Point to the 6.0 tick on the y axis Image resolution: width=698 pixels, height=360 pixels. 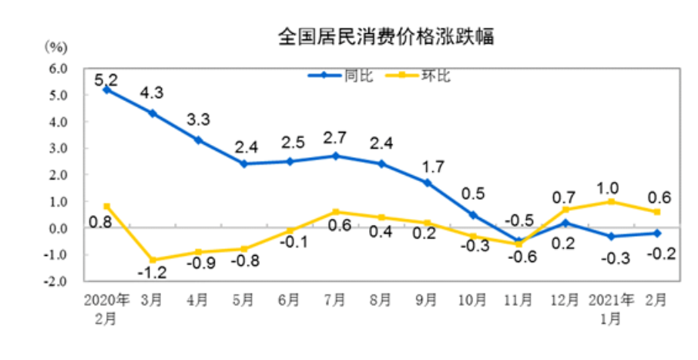59,69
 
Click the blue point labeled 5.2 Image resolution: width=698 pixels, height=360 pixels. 107,89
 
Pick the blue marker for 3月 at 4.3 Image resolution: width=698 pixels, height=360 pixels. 153,113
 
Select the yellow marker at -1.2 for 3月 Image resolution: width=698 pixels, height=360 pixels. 153,260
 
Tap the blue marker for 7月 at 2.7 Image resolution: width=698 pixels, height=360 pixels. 335,156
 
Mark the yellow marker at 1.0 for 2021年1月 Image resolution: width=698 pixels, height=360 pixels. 611,201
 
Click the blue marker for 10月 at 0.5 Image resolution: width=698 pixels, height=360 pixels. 474,214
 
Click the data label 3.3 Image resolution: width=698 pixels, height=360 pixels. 200,120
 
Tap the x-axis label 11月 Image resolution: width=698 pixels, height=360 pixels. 520,299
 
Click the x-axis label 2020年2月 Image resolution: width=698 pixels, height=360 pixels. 106,306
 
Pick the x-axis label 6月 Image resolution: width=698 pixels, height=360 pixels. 290,299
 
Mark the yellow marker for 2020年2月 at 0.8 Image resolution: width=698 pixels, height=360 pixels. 107,206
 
